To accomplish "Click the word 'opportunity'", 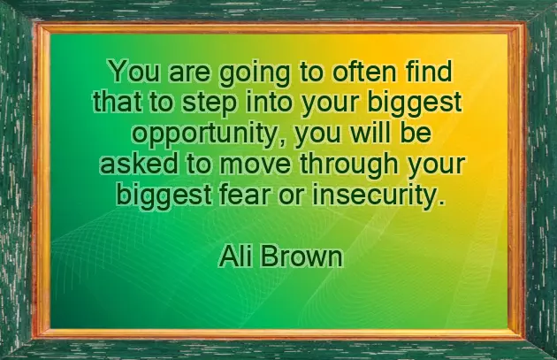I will (210, 135).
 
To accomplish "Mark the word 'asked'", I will (133, 165).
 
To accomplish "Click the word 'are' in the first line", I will (170, 71).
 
